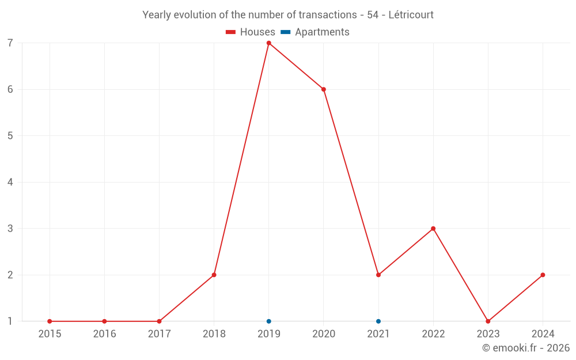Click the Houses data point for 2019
point(268,43)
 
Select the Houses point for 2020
point(323,89)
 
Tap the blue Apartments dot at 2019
point(268,321)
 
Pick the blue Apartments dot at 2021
point(378,321)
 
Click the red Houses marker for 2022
point(433,229)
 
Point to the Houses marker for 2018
point(214,275)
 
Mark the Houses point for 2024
point(543,275)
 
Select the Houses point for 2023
point(488,321)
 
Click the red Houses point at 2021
point(378,275)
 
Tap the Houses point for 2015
point(50,321)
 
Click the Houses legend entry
point(251,32)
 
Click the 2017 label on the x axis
point(159,334)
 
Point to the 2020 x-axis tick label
point(323,334)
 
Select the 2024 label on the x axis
point(543,334)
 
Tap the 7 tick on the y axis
point(10,43)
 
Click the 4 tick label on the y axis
point(10,182)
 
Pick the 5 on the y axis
point(10,136)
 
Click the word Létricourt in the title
point(411,14)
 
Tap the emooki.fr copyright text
point(526,348)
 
